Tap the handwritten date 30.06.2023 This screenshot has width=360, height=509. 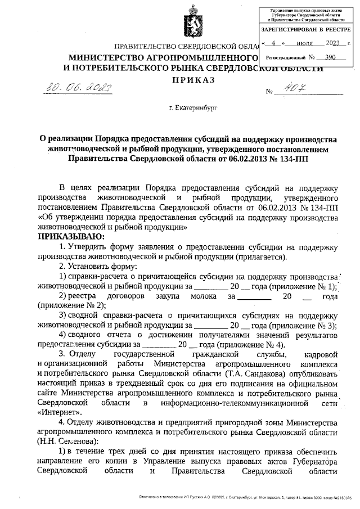coord(79,87)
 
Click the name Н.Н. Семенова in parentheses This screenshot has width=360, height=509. coord(68,442)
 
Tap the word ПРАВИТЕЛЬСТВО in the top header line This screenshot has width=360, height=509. coord(146,47)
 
